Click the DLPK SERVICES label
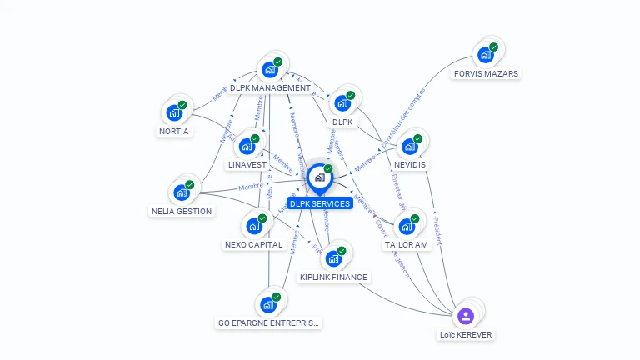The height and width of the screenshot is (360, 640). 319,203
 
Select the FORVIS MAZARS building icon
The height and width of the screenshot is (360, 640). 486,56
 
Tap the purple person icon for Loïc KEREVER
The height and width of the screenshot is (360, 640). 466,316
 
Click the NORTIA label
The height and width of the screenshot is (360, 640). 174,131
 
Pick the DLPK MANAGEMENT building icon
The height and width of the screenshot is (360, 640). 270,70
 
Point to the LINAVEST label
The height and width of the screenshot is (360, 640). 247,164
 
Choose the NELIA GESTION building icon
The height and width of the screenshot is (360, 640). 182,192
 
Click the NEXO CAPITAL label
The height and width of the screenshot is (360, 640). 254,244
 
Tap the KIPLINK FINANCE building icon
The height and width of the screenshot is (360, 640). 333,258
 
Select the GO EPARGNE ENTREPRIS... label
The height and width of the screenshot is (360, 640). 269,322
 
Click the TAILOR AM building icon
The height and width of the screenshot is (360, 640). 407,226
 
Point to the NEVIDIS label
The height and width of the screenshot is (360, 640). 410,164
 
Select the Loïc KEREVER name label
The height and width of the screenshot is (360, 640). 466,334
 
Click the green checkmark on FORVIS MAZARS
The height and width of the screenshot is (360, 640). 493,47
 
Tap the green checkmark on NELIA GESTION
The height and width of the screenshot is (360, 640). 189,184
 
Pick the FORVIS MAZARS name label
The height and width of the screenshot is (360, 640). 486,73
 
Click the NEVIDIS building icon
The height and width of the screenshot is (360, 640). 410,147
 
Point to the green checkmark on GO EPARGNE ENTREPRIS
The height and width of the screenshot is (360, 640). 276,297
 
